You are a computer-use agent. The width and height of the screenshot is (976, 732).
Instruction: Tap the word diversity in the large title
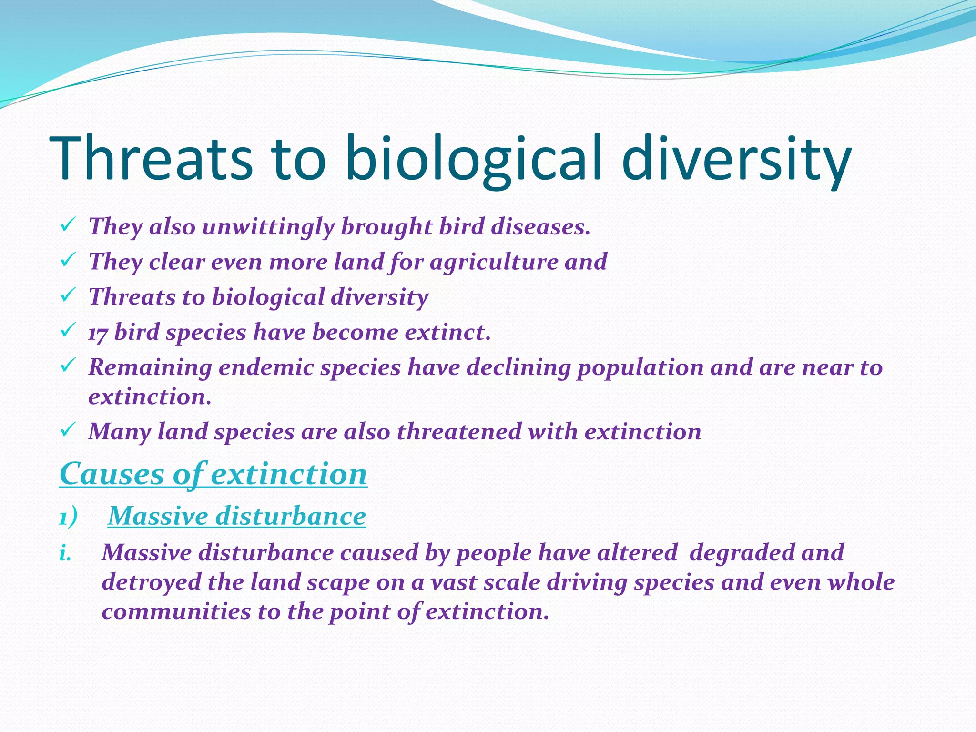point(736,158)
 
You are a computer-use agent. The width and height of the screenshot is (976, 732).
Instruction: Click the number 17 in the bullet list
point(98,333)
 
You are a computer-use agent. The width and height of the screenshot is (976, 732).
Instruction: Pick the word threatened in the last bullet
point(459,432)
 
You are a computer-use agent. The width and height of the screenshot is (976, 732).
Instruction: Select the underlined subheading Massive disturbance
point(237,516)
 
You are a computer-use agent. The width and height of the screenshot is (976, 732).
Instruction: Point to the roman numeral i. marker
point(65,553)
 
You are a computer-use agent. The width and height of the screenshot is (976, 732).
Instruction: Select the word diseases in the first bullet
point(540,226)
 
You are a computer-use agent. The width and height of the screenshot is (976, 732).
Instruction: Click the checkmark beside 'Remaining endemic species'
point(66,366)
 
